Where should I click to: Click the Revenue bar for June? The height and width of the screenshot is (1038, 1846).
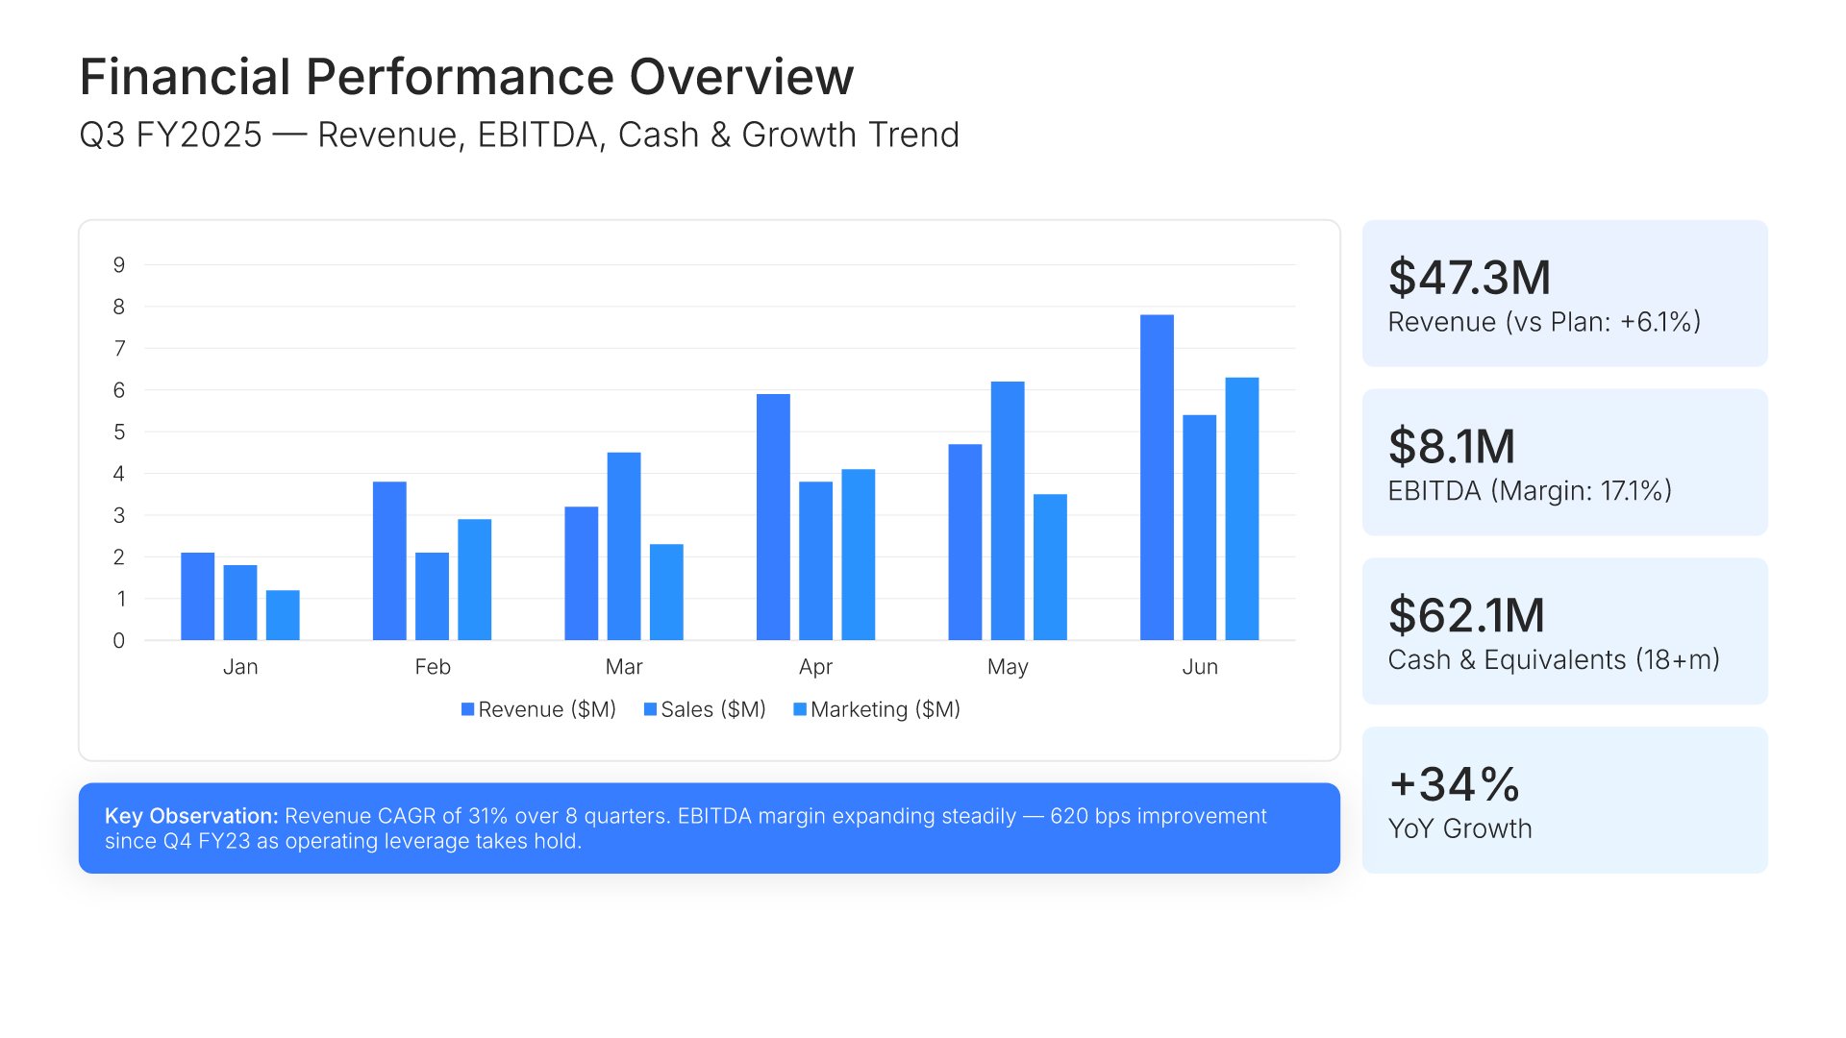(x=1157, y=478)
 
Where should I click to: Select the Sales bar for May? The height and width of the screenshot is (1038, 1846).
(x=1008, y=511)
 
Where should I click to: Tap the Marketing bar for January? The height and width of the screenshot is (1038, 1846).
(x=283, y=615)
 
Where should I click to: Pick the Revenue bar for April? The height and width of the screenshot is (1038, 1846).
(x=773, y=517)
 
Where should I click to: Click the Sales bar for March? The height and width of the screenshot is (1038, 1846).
(x=624, y=546)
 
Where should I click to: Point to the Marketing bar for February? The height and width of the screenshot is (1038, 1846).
(x=475, y=580)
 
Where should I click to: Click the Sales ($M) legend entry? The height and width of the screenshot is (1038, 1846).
(x=705, y=709)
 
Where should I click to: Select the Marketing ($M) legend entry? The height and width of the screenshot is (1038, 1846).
(x=877, y=709)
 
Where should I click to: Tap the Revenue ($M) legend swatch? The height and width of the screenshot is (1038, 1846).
(x=468, y=709)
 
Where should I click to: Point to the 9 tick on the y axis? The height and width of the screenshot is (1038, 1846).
(x=119, y=265)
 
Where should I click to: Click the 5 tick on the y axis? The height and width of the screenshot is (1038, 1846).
(x=119, y=432)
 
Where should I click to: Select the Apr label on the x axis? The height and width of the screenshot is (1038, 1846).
(x=815, y=667)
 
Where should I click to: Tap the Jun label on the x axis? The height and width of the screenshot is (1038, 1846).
(x=1200, y=667)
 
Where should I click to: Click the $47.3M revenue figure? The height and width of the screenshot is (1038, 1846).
(x=1469, y=278)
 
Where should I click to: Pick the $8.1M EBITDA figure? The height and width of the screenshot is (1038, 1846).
(x=1452, y=447)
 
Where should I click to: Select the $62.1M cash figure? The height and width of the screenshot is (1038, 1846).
(x=1466, y=616)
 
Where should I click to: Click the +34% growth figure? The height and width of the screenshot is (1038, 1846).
(x=1455, y=784)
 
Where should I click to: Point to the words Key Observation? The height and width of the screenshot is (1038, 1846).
(x=191, y=816)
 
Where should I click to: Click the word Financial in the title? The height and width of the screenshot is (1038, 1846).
(x=186, y=77)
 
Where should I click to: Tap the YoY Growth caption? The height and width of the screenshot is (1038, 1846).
(x=1460, y=828)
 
